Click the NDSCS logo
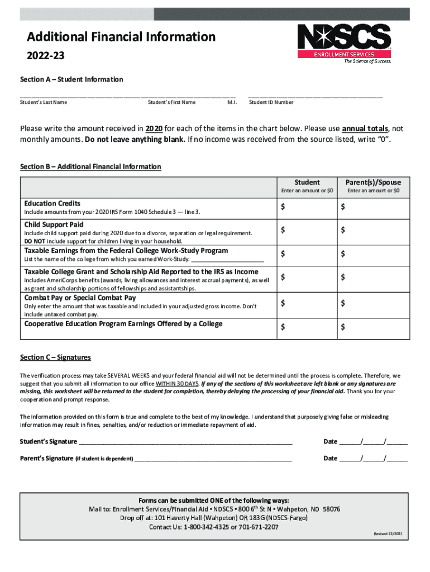coord(343,43)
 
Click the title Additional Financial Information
coord(121,37)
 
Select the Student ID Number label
coord(271,102)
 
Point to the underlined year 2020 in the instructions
coord(154,128)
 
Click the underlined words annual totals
coord(365,128)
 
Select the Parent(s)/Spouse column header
coord(373,182)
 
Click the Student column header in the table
coord(307,182)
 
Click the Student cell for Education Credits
coord(307,208)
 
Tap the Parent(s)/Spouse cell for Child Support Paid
coord(373,230)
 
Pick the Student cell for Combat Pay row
coord(307,303)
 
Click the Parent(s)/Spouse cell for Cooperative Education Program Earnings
coord(373,327)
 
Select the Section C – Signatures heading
coord(55,357)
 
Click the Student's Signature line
coord(185,441)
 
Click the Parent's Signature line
coord(213,458)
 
